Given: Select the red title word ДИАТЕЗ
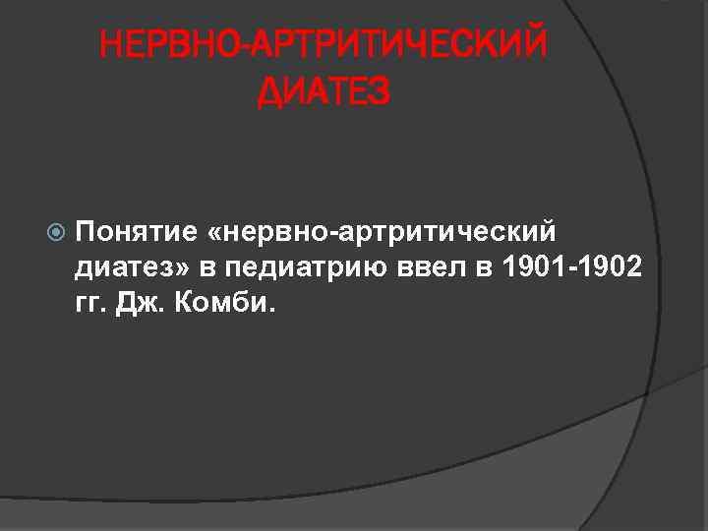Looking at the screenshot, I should [324, 92].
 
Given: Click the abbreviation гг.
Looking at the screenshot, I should [91, 303].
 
